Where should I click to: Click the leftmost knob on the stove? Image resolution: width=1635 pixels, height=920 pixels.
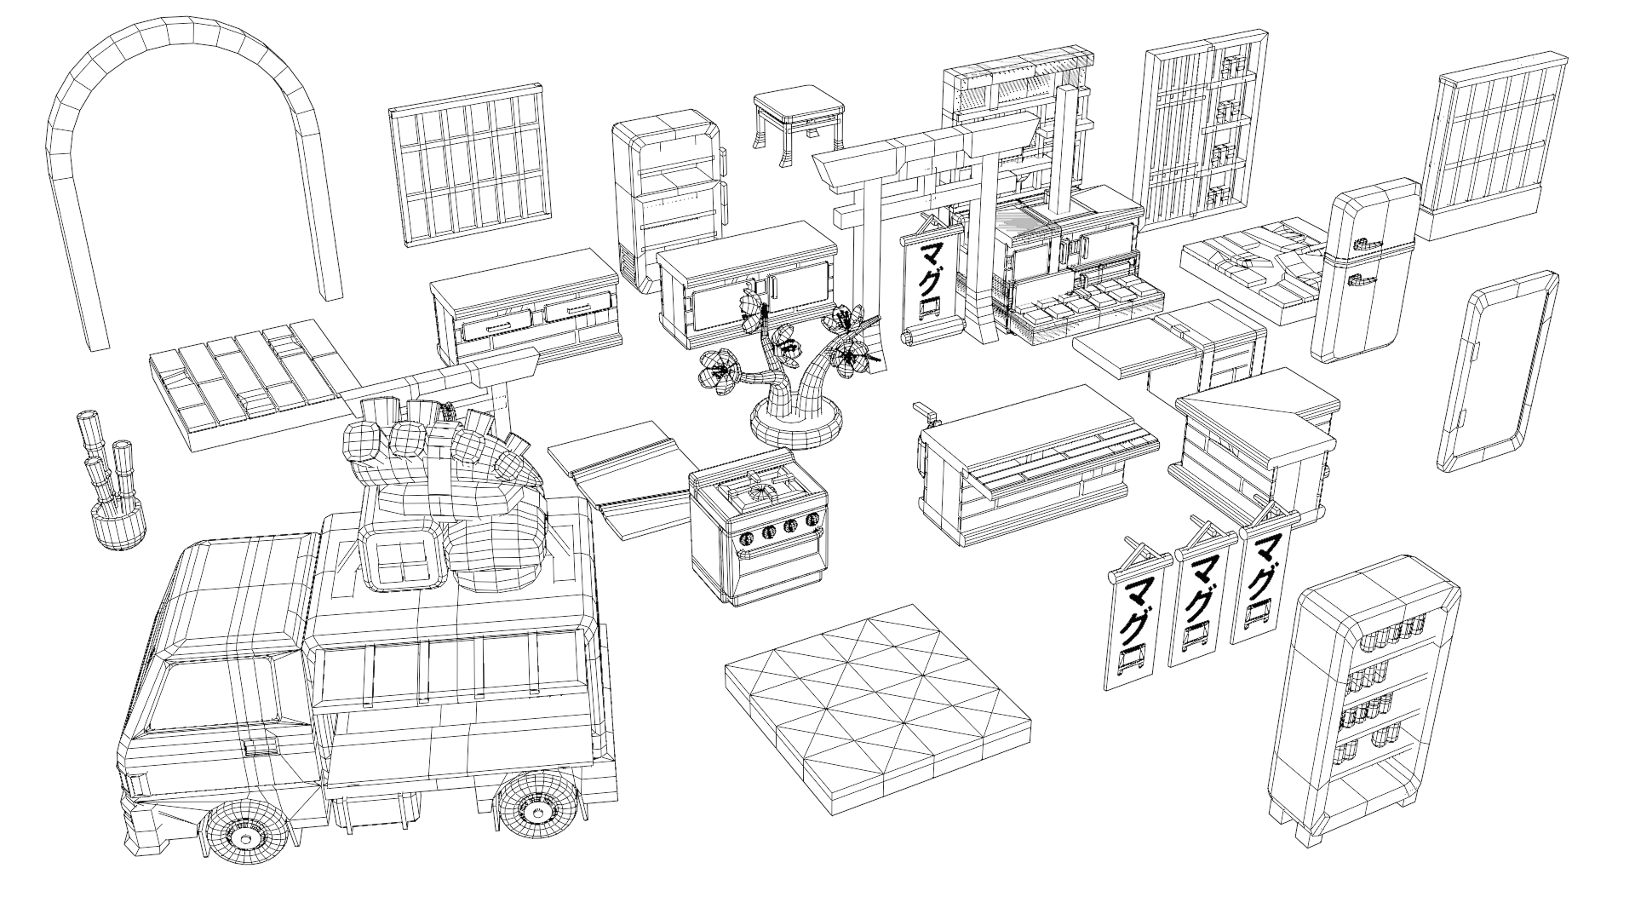pos(747,537)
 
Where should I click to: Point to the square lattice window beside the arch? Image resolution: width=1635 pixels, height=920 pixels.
pos(468,166)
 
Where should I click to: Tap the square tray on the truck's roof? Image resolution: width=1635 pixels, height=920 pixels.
pos(400,558)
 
